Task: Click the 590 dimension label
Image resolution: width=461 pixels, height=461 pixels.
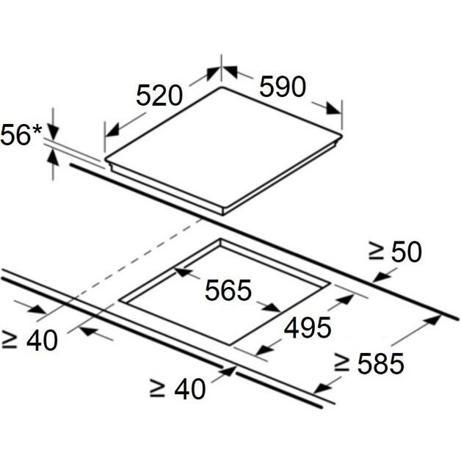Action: coord(283,87)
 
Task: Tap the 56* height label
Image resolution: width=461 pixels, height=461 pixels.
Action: coord(22,136)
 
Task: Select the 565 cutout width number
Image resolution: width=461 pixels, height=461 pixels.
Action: coord(228,291)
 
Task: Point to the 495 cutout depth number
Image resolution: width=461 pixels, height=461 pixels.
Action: coord(308,328)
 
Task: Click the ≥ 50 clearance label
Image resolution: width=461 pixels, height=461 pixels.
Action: coord(395,252)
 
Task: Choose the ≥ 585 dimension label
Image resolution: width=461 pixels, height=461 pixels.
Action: coord(369,363)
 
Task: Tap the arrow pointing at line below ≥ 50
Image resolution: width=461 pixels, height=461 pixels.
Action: coord(380,277)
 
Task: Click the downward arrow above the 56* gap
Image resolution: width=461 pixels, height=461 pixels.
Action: coord(53,132)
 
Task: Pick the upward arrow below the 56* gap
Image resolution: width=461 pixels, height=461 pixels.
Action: coord(53,156)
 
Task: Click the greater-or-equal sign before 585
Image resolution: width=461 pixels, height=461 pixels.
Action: coord(341,362)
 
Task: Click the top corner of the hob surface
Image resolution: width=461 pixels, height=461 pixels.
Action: coord(222,87)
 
